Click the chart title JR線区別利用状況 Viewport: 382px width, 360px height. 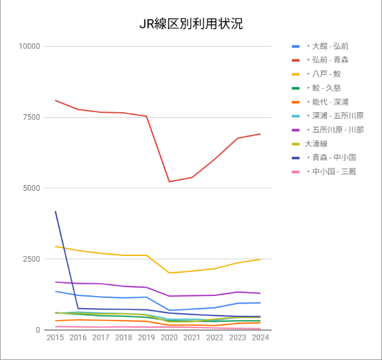coord(191,25)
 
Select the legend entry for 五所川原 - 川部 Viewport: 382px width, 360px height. coord(334,130)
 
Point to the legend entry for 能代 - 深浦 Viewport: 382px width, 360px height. coord(327,102)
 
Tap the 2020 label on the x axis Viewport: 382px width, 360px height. coord(169,338)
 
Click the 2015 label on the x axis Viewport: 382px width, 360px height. coord(56,338)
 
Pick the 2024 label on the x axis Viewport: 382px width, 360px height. coord(260,338)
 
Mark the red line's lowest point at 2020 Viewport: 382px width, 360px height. coord(169,182)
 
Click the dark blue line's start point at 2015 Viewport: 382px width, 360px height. coord(56,212)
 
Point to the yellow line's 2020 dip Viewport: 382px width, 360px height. coord(169,273)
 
